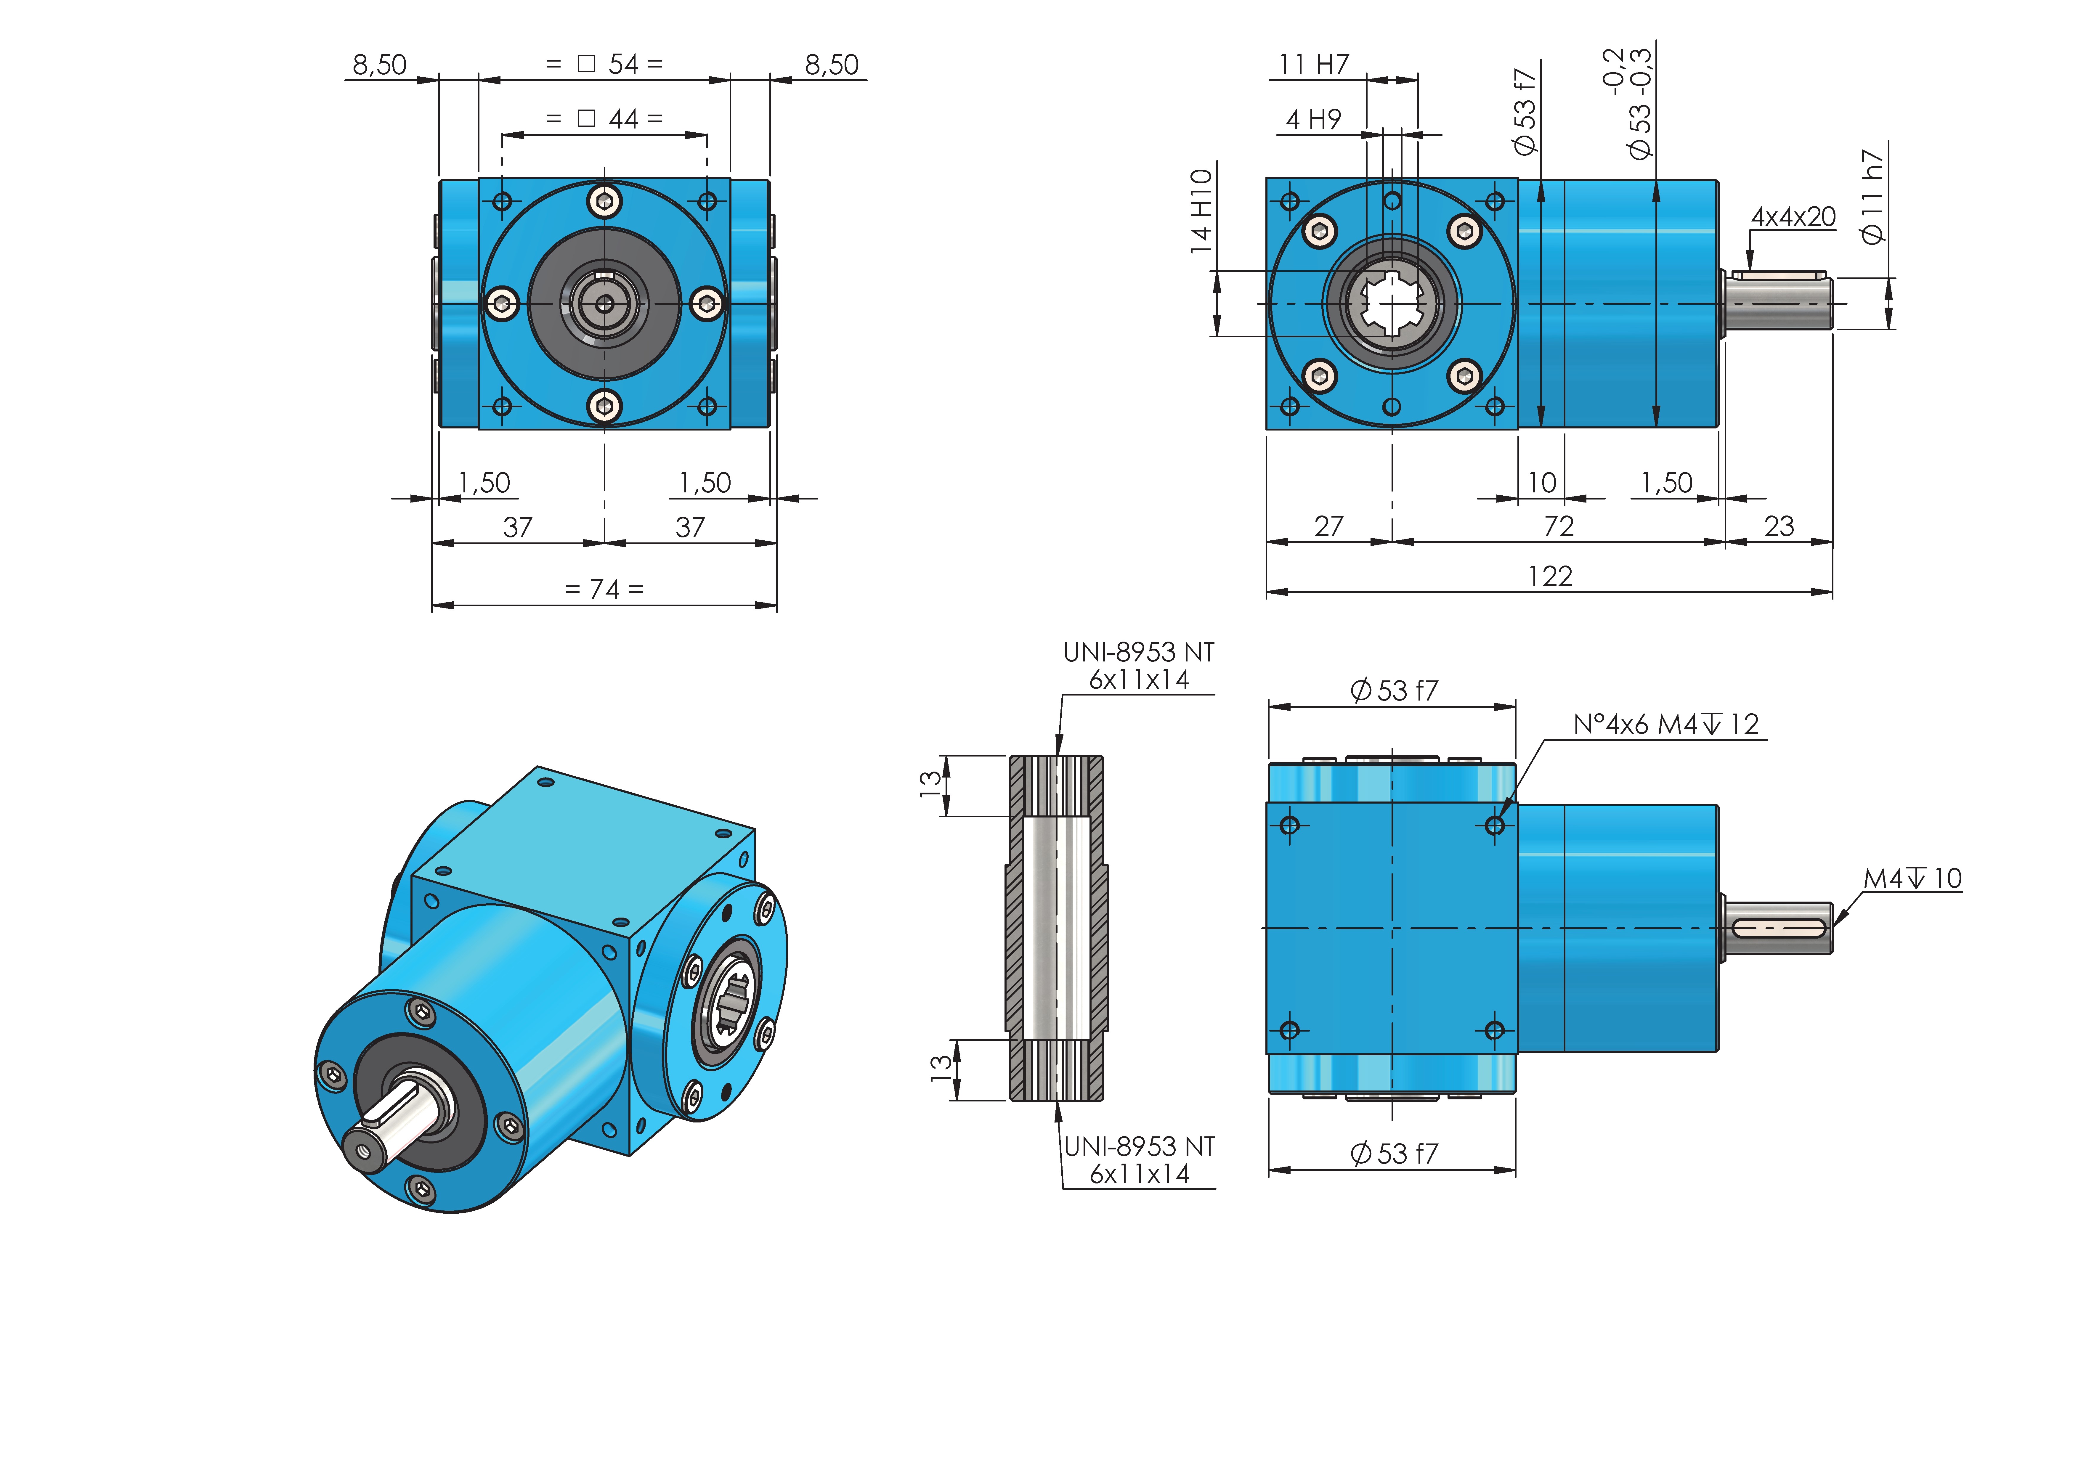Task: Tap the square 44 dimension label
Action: tap(605, 118)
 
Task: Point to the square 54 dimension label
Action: tap(605, 64)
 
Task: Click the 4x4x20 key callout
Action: tap(1793, 217)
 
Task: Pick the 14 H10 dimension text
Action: tap(1201, 211)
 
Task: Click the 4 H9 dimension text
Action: tap(1313, 119)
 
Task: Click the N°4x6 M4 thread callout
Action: tap(1665, 724)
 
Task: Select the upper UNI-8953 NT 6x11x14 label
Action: tap(1139, 666)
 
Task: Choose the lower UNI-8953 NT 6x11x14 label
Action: tap(1139, 1160)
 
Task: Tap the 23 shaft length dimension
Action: tap(1778, 526)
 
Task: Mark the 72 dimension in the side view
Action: tap(1559, 526)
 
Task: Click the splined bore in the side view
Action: tap(1392, 303)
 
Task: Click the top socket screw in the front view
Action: tap(605, 201)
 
